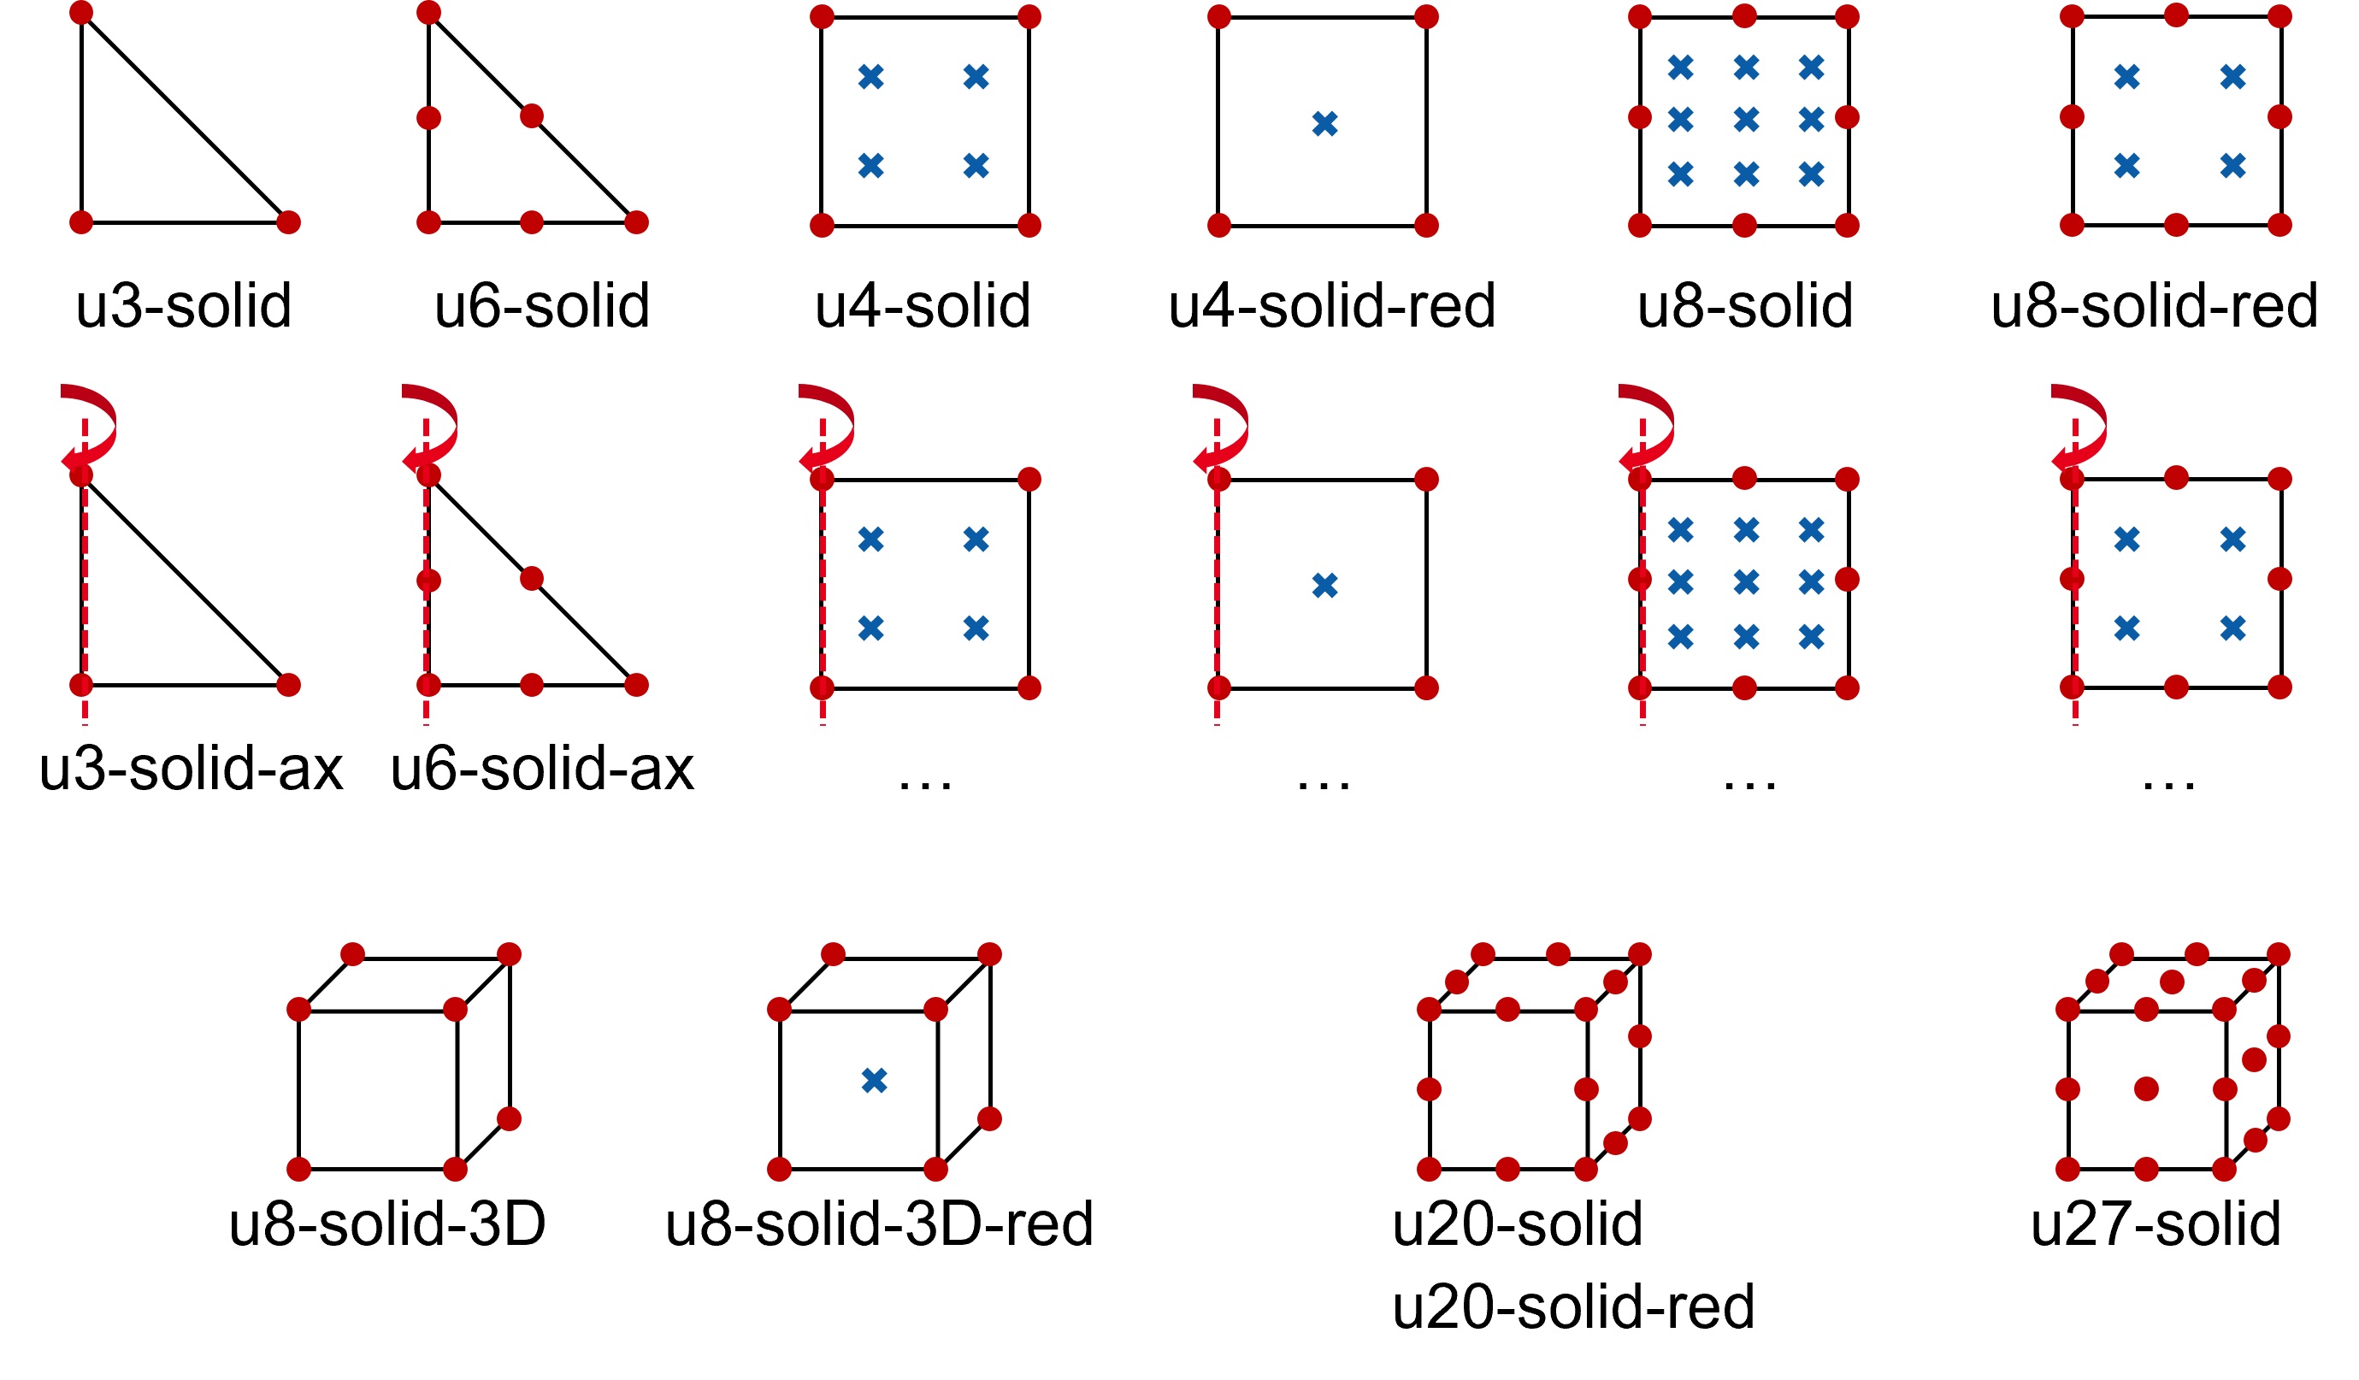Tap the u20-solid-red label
click(x=1572, y=1307)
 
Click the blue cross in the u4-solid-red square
click(x=1324, y=124)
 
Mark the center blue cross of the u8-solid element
click(x=1746, y=120)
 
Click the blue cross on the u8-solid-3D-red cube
click(x=875, y=1082)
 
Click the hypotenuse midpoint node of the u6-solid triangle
click(x=532, y=117)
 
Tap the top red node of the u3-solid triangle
click(x=81, y=13)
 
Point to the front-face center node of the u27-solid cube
click(x=2146, y=1088)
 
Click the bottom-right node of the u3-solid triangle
click(x=289, y=223)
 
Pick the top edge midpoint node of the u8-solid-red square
click(x=2177, y=16)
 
